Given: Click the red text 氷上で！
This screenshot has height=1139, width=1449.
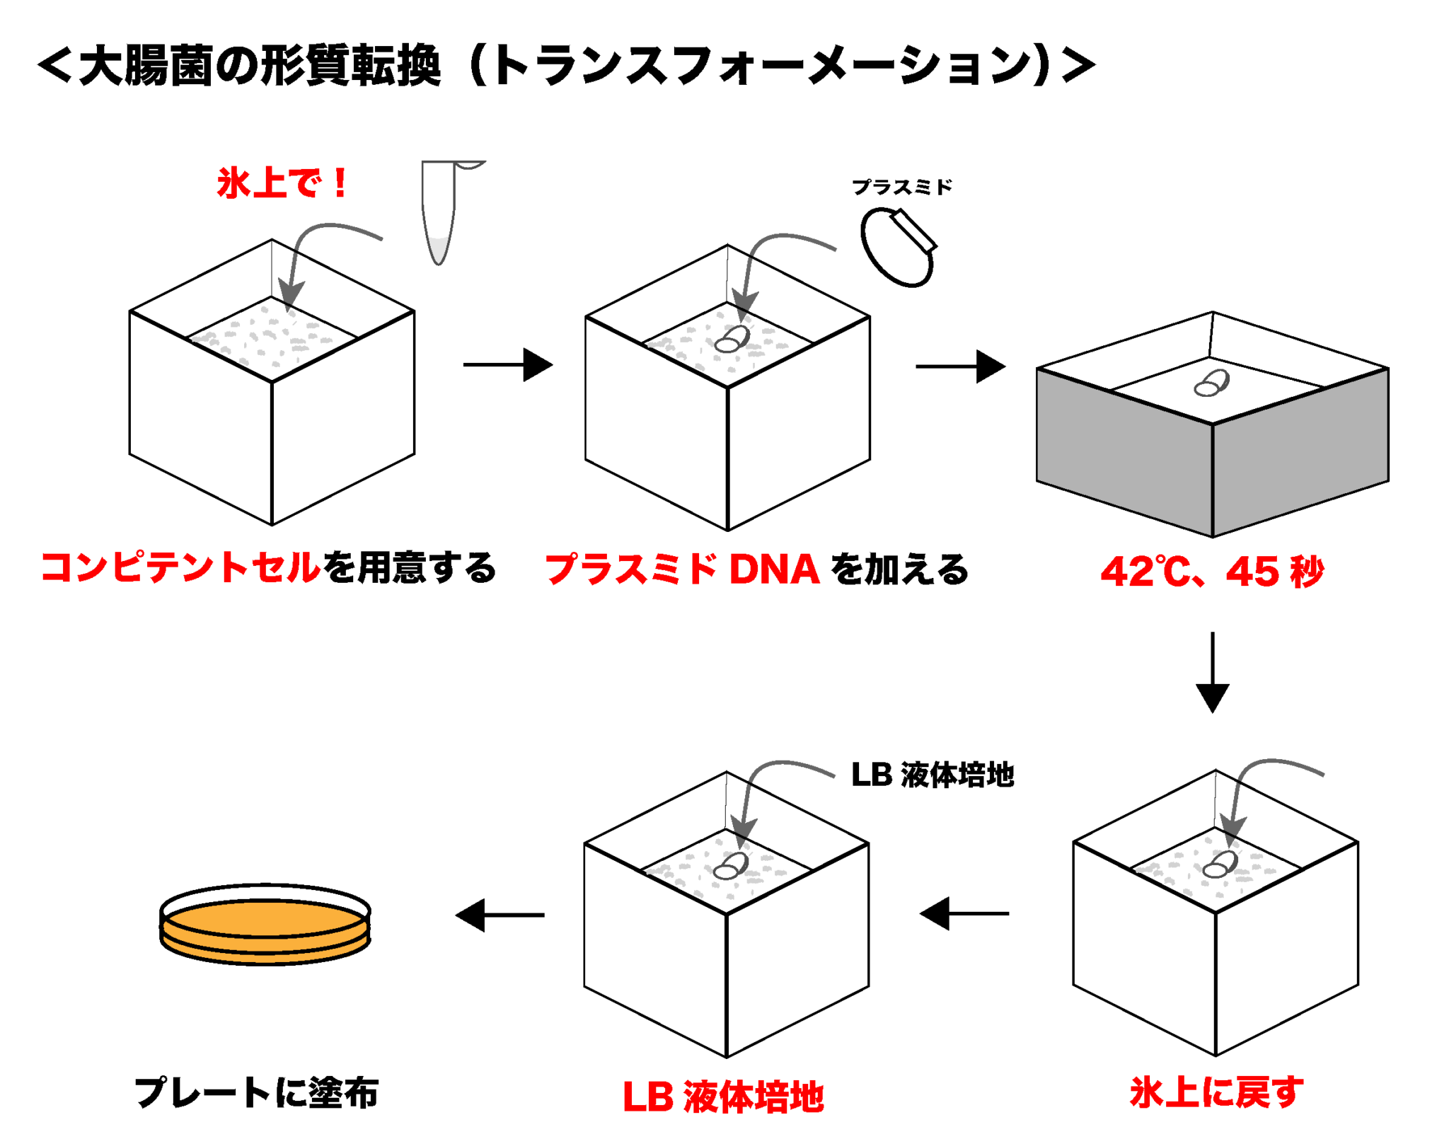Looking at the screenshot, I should (x=282, y=183).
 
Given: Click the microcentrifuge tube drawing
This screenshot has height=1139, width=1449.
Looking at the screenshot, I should (x=439, y=212).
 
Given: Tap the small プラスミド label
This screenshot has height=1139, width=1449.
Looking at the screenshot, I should (x=901, y=187).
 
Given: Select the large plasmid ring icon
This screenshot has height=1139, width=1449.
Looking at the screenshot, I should (x=897, y=247).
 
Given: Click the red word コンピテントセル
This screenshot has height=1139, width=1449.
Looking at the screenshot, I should (x=181, y=568).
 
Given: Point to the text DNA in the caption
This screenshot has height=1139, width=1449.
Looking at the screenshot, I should (x=774, y=569).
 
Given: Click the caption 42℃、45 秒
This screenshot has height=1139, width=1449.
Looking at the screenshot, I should (x=1211, y=572).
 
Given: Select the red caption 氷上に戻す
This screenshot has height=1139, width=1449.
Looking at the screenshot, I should (x=1216, y=1092).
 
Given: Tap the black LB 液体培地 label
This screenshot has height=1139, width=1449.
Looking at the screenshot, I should (x=933, y=775).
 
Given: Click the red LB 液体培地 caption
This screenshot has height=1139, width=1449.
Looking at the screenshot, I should (x=723, y=1097).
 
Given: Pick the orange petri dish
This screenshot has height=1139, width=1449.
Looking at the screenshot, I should (x=265, y=924).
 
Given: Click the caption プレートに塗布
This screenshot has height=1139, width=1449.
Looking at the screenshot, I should (x=256, y=1092).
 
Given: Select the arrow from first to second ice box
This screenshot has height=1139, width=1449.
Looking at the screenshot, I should (x=508, y=365).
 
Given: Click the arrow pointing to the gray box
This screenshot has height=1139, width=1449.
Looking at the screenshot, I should (x=960, y=366).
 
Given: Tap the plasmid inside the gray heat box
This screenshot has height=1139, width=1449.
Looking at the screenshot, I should (x=1211, y=383).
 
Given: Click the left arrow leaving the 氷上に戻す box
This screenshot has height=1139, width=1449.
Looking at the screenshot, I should (x=964, y=913).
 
